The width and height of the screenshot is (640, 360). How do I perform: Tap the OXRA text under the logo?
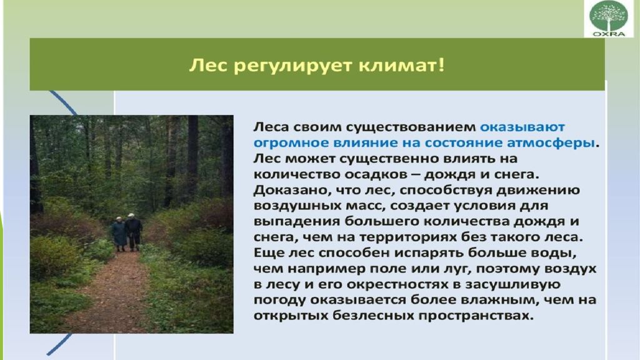tap(609, 34)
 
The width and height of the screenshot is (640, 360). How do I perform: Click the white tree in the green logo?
tap(609, 16)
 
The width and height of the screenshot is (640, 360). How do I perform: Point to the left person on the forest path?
tap(119, 234)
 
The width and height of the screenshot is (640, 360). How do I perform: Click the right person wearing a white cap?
tap(134, 232)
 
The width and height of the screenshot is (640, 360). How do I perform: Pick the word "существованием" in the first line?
tap(411, 127)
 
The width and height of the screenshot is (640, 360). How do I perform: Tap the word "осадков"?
tap(375, 175)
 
